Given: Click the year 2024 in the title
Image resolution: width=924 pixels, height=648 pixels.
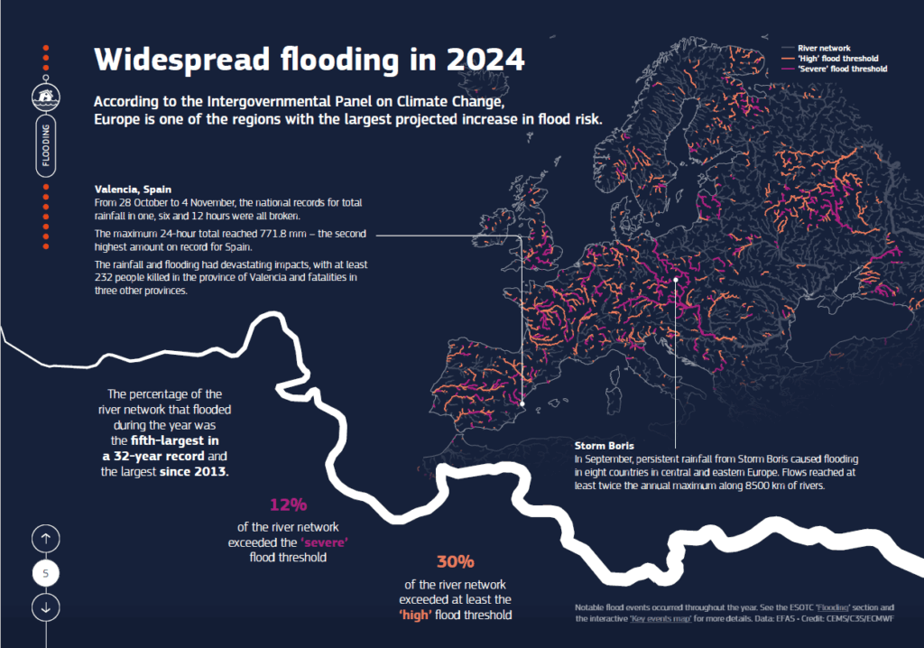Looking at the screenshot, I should tap(476, 60).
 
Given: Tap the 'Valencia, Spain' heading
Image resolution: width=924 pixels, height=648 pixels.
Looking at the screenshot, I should tap(127, 190).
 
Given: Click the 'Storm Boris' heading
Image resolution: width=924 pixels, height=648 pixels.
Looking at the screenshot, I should tap(604, 446).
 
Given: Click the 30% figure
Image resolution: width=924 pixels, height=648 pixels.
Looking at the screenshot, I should tap(455, 561).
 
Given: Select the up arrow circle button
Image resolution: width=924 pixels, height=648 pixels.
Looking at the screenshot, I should tap(46, 538).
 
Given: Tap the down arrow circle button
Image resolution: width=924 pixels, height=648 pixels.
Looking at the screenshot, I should tap(46, 607).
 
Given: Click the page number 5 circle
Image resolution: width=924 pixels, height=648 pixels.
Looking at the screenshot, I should tap(46, 572).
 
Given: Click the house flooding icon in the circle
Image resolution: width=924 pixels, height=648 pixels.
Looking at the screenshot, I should tap(46, 95).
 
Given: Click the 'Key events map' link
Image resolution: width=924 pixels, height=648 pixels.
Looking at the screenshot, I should tap(667, 619).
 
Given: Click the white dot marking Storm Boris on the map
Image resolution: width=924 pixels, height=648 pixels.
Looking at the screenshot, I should tap(675, 280).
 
